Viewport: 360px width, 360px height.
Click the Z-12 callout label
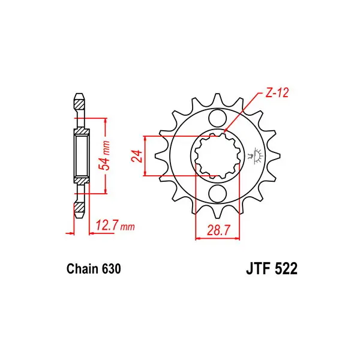[x=277, y=93]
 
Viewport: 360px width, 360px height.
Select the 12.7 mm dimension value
[x=115, y=226]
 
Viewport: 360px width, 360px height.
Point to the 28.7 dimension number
[x=218, y=230]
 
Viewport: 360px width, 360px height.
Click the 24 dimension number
[x=137, y=156]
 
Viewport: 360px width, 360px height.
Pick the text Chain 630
[x=94, y=269]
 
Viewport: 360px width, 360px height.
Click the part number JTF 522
[x=272, y=269]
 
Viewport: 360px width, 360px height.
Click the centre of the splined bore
[x=217, y=156]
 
